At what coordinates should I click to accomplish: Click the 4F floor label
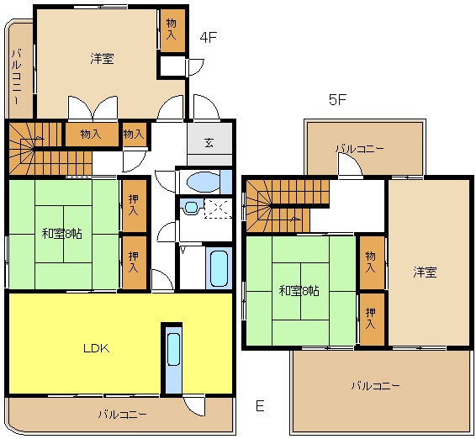pyautogui.click(x=208, y=37)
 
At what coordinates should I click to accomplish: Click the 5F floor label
pyautogui.click(x=337, y=99)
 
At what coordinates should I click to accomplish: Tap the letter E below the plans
pyautogui.click(x=260, y=406)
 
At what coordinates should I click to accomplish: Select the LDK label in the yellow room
pyautogui.click(x=97, y=348)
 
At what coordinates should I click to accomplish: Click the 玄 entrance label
pyautogui.click(x=209, y=142)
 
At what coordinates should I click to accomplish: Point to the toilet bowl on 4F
pyautogui.click(x=203, y=182)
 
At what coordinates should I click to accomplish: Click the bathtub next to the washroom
pyautogui.click(x=219, y=268)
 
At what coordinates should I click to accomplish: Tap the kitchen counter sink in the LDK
pyautogui.click(x=173, y=349)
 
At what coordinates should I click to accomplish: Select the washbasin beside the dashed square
pyautogui.click(x=191, y=207)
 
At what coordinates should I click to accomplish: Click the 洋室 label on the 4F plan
pyautogui.click(x=102, y=58)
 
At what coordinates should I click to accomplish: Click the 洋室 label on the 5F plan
pyautogui.click(x=425, y=272)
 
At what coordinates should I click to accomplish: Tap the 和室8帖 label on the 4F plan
pyautogui.click(x=61, y=234)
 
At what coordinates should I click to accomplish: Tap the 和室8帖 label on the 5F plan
pyautogui.click(x=299, y=291)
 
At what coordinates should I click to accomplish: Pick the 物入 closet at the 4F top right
pyautogui.click(x=172, y=29)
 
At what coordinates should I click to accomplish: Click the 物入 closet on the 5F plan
pyautogui.click(x=370, y=262)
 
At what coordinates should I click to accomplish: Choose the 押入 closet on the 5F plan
pyautogui.click(x=370, y=319)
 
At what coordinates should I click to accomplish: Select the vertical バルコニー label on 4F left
pyautogui.click(x=17, y=77)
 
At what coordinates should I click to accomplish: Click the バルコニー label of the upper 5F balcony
pyautogui.click(x=360, y=149)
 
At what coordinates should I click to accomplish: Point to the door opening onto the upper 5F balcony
pyautogui.click(x=350, y=165)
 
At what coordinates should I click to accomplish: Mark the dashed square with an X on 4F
pyautogui.click(x=219, y=208)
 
